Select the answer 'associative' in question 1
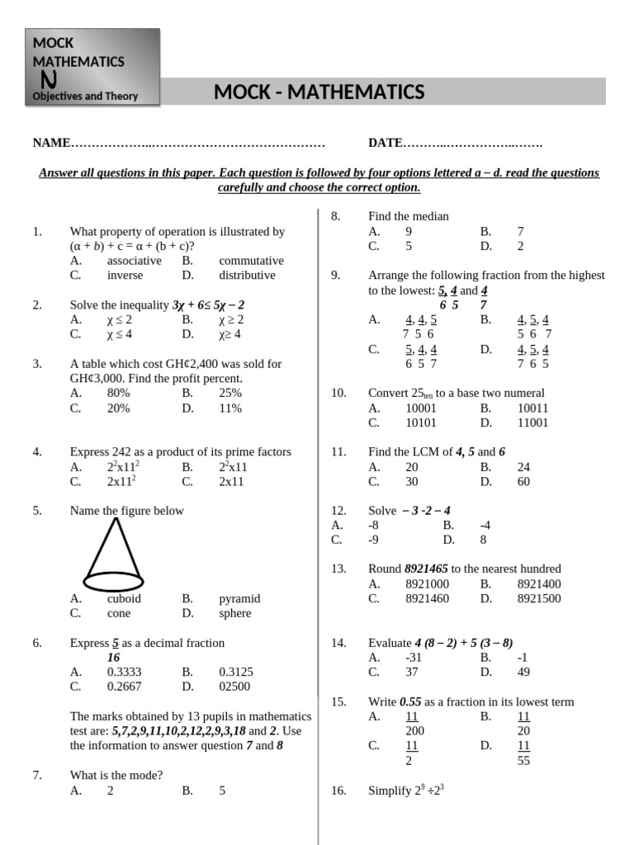pos(135,261)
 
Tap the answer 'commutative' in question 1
pos(251,261)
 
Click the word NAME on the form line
pos(52,144)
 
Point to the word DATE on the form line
pos(385,144)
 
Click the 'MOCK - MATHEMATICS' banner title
pos(319,92)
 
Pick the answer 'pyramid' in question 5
pos(239,599)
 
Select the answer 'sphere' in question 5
pos(235,614)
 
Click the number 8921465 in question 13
pos(426,569)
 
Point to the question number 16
pos(338,791)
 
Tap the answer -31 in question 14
pos(414,658)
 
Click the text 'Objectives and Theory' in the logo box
pos(85,97)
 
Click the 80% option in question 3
pos(119,394)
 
